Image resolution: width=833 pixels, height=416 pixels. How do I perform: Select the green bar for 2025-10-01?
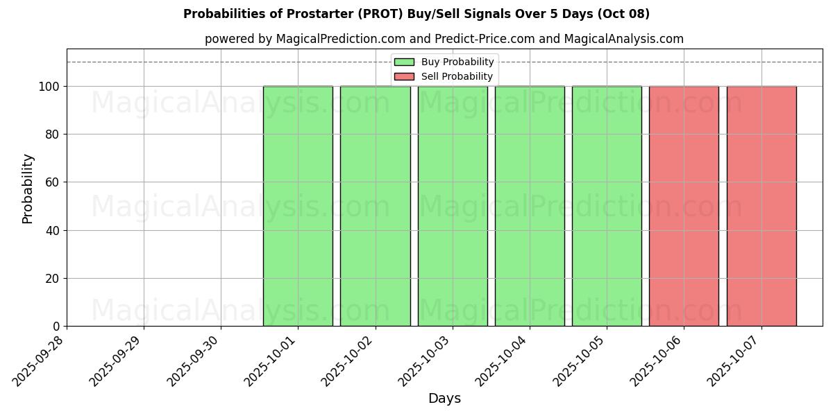(298, 206)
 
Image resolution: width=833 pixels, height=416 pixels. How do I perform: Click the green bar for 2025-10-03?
(453, 206)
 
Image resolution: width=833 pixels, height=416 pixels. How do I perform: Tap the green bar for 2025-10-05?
(607, 206)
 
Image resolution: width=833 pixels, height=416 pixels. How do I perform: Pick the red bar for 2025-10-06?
(684, 206)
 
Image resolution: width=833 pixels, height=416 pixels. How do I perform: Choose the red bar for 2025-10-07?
(762, 206)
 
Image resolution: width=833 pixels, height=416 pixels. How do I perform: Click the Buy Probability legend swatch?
(404, 62)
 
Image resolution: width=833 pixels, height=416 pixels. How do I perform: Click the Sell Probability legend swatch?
(404, 76)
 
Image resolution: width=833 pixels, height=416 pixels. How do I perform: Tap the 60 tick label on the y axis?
(53, 182)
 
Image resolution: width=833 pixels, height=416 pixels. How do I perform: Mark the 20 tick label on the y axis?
(53, 279)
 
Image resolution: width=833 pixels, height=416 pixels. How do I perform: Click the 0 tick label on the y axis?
(56, 327)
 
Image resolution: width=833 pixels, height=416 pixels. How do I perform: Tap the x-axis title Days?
(444, 399)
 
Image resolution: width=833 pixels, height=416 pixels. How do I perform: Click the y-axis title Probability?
(28, 188)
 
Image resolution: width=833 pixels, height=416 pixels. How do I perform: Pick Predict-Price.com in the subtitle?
(485, 39)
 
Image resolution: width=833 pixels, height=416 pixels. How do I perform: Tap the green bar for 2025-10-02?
(376, 206)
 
